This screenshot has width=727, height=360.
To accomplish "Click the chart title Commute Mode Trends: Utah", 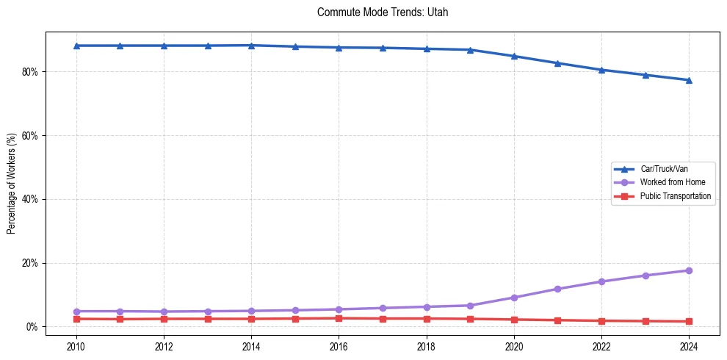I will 383,12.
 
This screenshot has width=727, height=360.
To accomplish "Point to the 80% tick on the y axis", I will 31,72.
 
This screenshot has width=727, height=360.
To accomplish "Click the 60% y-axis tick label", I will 31,136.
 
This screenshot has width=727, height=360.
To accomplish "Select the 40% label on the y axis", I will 31,199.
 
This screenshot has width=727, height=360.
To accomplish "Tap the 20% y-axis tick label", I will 31,263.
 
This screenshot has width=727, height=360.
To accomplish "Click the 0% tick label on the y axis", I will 33,327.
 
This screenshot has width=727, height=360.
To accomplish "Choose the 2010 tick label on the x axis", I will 76,345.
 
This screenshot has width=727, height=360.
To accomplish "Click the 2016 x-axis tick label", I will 339,345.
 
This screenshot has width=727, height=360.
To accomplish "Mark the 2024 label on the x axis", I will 689,345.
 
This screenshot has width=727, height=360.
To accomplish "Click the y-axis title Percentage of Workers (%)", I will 12,179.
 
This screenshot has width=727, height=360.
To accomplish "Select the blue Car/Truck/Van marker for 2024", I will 689,80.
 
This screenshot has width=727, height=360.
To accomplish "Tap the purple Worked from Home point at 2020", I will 514,298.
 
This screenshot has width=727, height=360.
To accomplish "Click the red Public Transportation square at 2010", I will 76,319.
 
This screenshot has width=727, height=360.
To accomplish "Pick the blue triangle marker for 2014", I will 251,46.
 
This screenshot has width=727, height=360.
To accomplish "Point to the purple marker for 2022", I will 601,281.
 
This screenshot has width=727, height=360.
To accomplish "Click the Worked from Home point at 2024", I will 689,270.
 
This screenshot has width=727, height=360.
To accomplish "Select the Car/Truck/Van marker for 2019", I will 470,50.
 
